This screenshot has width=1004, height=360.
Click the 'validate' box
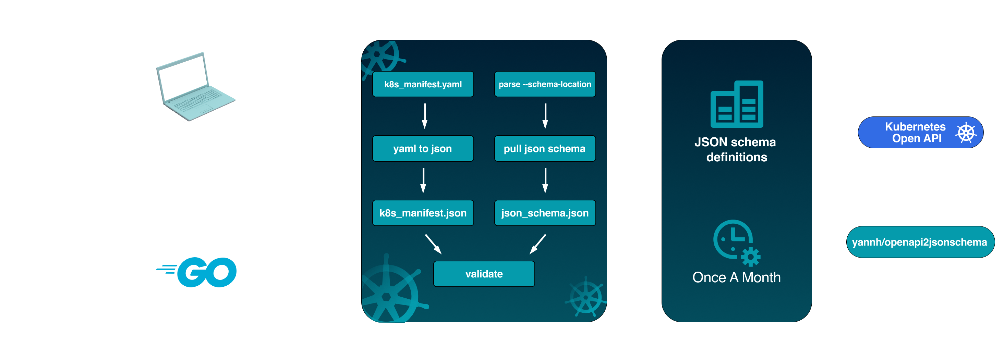pos(484,274)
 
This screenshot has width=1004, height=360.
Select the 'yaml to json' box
pos(423,148)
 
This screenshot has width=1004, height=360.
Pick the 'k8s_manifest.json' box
pos(423,213)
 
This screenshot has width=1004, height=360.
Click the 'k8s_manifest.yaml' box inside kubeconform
pos(423,84)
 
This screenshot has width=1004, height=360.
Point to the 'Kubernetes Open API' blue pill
pos(920,133)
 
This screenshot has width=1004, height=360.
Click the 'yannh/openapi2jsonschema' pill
pos(920,242)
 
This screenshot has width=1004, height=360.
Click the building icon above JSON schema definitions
pos(737,104)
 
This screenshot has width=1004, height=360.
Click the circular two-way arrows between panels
pos(634,148)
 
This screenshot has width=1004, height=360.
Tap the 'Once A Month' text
pos(736,277)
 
